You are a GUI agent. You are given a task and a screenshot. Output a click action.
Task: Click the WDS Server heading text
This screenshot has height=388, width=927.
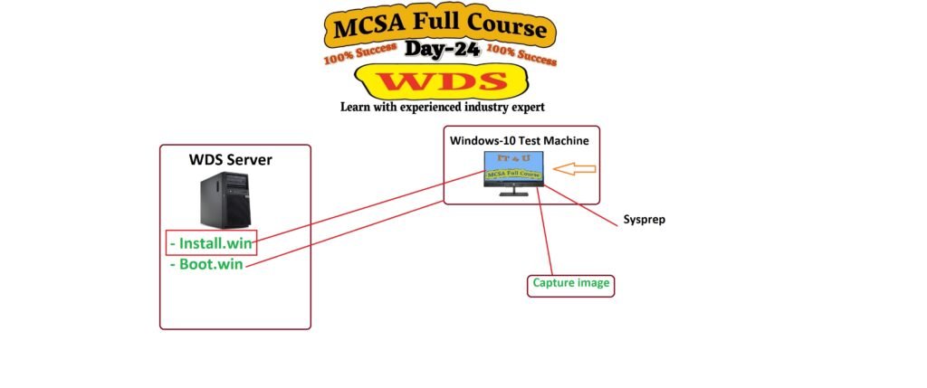[x=230, y=160]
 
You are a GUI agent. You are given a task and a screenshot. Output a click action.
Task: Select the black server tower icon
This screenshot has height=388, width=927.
[x=225, y=201]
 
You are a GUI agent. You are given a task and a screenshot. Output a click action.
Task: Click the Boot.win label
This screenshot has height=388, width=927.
[x=207, y=265]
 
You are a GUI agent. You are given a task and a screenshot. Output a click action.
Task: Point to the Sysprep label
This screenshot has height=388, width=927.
[x=645, y=220]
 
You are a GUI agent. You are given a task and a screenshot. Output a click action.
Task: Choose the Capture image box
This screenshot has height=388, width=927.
[x=571, y=284]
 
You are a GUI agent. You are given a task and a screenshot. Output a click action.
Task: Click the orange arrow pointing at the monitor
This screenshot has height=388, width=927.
[x=574, y=168]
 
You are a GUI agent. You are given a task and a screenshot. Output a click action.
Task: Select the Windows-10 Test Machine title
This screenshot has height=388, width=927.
[x=520, y=140]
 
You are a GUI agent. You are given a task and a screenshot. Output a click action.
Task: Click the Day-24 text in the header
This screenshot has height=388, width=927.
[x=443, y=50]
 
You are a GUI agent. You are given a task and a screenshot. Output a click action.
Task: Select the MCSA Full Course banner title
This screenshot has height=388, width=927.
[x=441, y=28]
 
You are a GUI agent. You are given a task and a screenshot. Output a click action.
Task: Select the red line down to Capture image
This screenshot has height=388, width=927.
[x=546, y=231]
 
